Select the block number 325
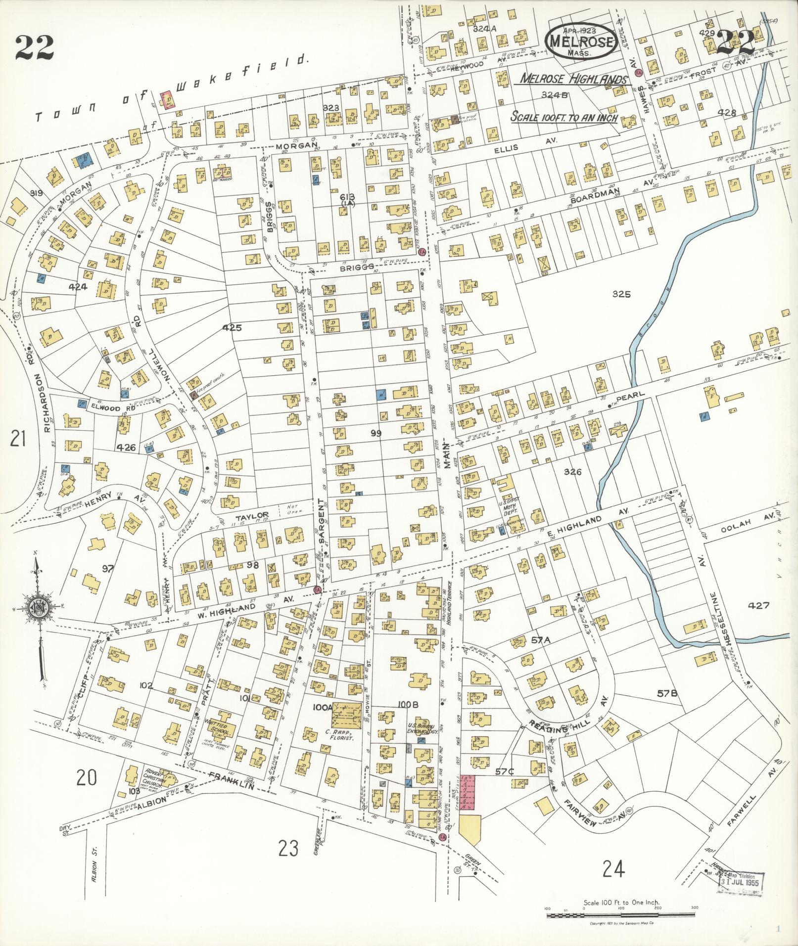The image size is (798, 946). coord(621,294)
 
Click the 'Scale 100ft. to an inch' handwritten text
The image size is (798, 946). coord(564,118)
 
